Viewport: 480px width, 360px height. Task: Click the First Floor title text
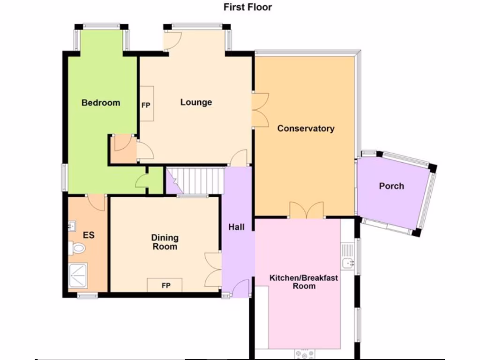[x=247, y=7]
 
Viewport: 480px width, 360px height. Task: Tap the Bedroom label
[x=101, y=103]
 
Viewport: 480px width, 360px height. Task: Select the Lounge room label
[x=196, y=102]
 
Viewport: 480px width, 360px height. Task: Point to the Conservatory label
[x=306, y=128]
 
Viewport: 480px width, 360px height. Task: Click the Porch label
[x=391, y=186]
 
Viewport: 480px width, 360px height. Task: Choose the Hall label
[x=236, y=227]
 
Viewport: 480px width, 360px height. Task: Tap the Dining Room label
[x=164, y=242]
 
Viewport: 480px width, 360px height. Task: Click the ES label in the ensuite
[x=89, y=235]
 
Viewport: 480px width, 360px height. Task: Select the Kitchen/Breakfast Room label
[x=304, y=282]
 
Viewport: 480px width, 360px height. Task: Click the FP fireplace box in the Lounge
[x=146, y=104]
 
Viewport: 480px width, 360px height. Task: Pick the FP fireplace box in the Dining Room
[x=165, y=285]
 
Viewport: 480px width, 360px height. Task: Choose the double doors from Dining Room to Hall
[x=213, y=270]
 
